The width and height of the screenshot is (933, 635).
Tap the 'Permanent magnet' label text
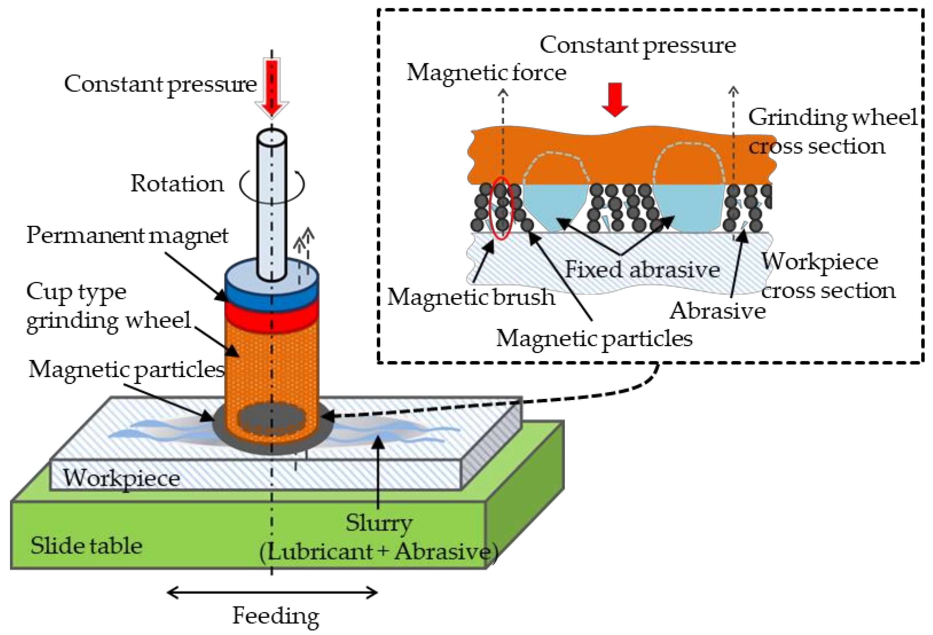tap(127, 236)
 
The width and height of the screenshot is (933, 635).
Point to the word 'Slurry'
tap(379, 523)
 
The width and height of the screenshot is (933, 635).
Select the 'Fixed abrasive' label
tap(642, 269)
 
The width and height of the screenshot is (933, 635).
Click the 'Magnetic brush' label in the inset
tap(471, 297)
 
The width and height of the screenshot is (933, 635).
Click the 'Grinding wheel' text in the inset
tap(832, 117)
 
